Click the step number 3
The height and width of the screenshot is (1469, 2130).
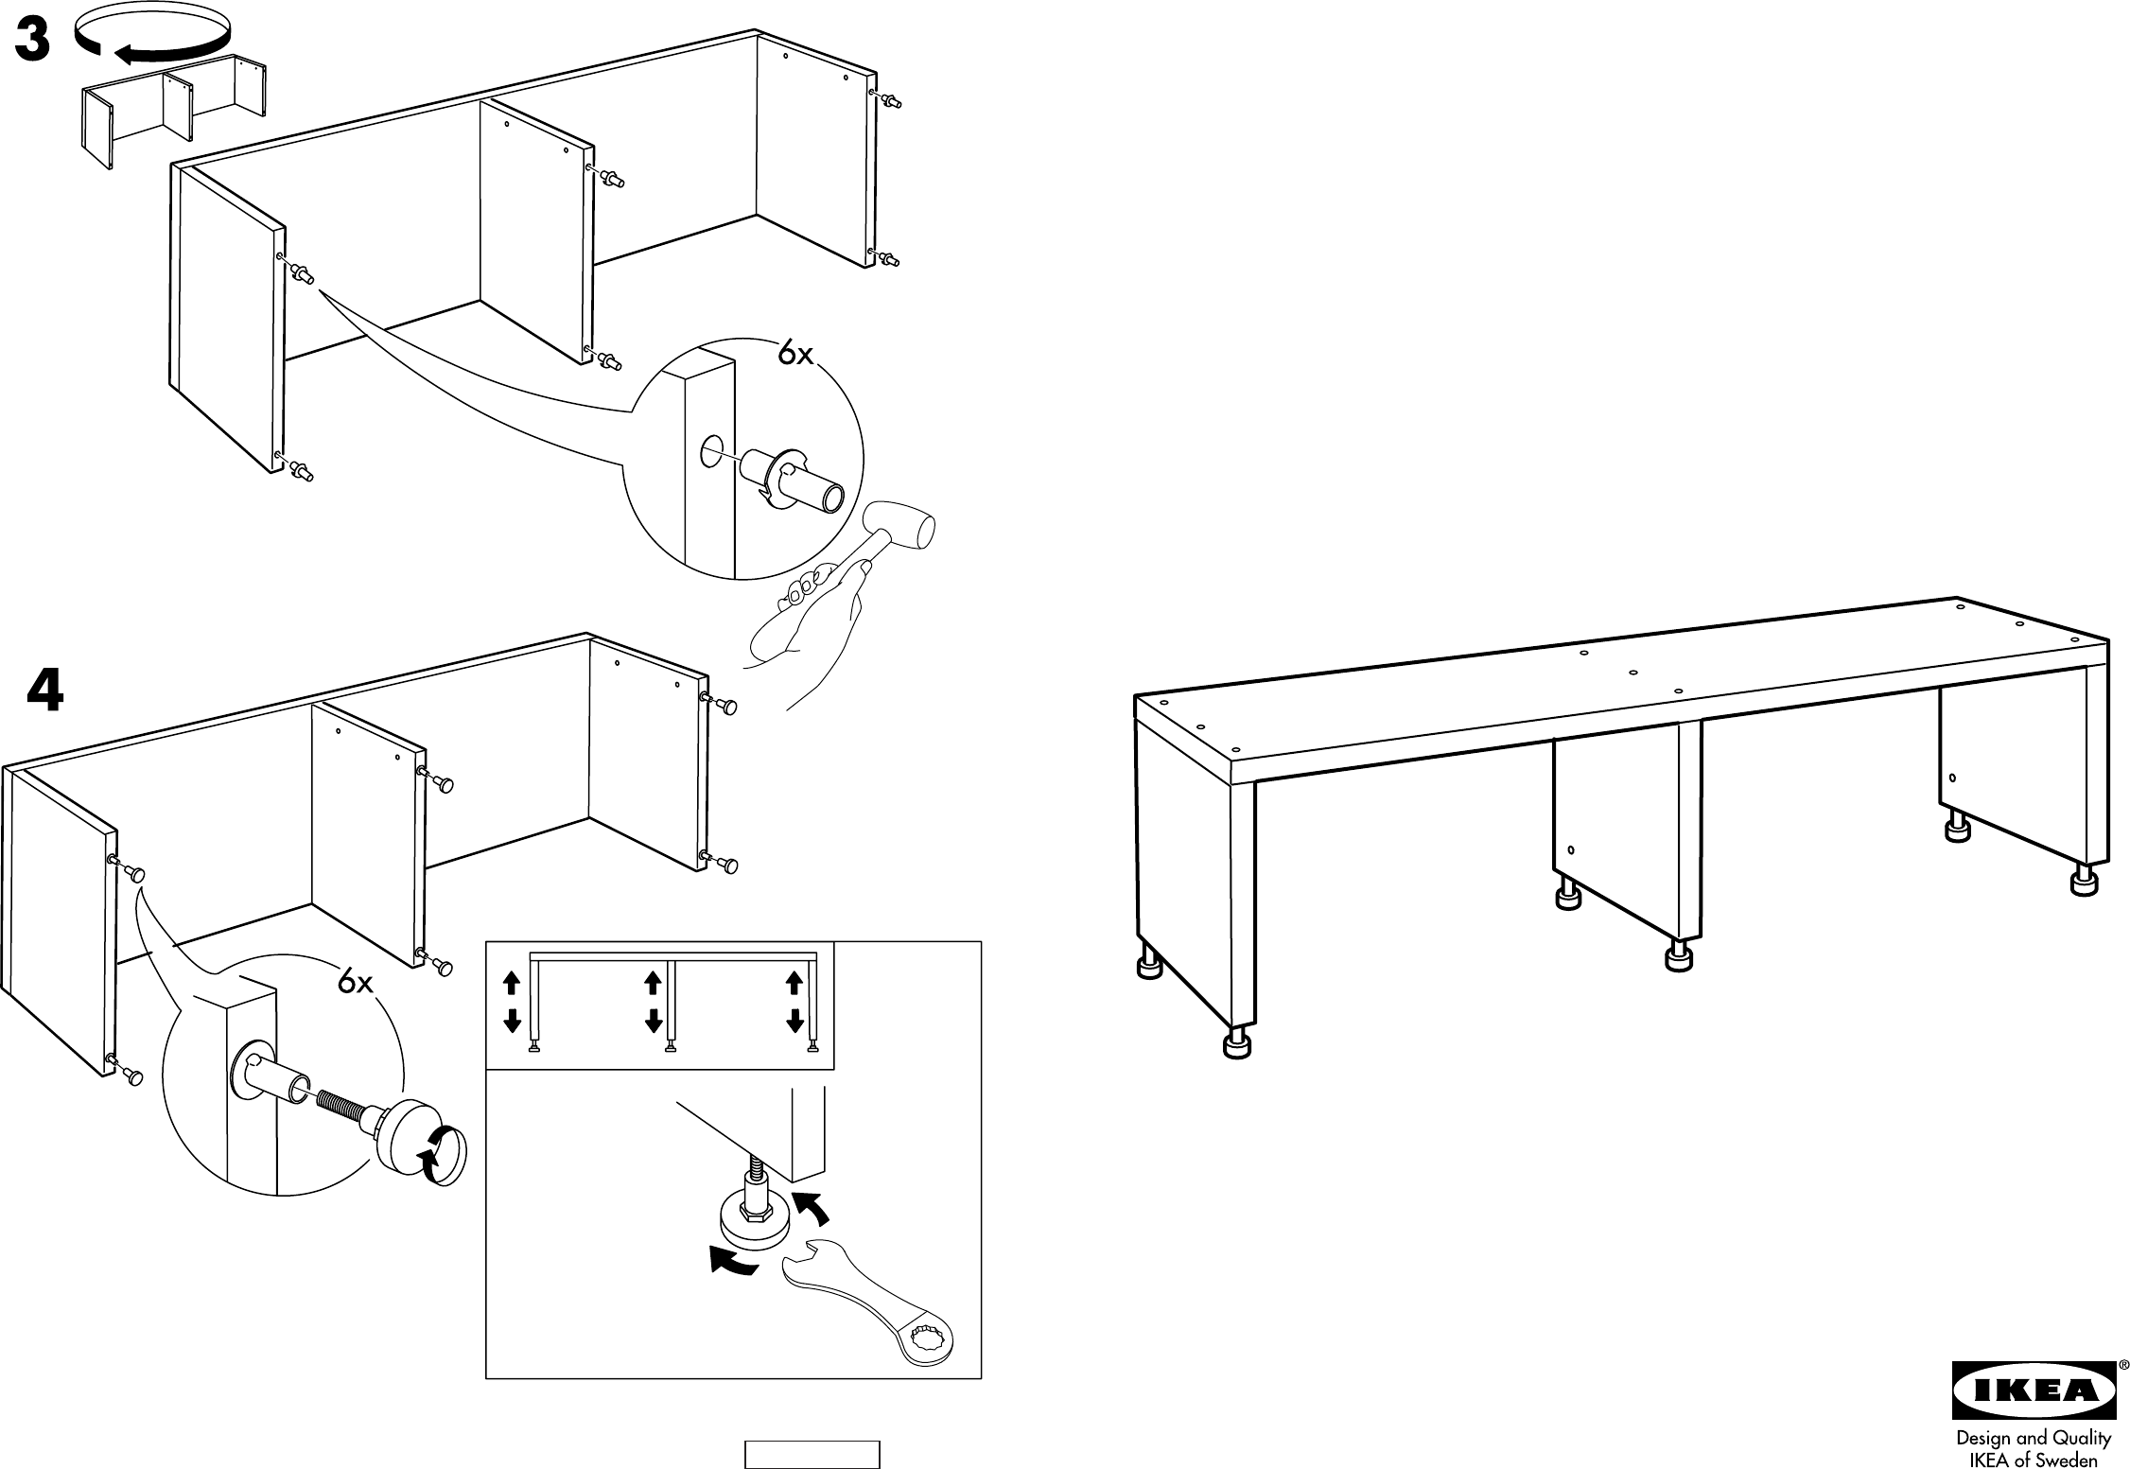click(32, 43)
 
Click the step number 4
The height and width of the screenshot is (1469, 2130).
click(44, 691)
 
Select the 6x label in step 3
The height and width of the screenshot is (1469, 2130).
click(795, 354)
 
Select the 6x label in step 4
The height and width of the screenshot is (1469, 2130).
click(356, 984)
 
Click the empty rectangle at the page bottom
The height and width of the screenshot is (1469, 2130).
click(812, 1454)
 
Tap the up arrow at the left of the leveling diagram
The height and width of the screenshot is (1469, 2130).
click(512, 984)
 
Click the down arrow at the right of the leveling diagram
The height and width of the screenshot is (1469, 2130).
click(794, 1021)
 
